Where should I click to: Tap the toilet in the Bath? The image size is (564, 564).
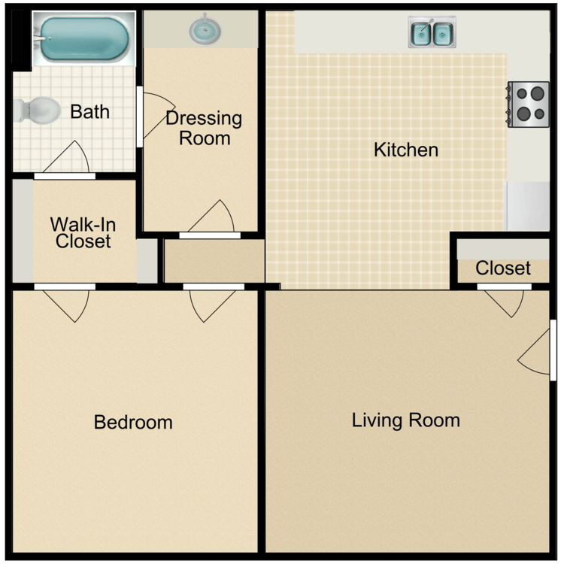38,111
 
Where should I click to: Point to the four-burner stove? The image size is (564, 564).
528,104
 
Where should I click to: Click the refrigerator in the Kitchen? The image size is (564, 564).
528,205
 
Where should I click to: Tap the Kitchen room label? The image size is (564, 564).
405,150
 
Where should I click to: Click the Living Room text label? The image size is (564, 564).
405,420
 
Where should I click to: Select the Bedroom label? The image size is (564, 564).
133,422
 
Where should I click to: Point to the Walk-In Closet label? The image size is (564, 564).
82,232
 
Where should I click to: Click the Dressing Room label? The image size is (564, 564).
204,128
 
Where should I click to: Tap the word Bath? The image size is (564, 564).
89,112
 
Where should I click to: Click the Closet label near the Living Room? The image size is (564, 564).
503,268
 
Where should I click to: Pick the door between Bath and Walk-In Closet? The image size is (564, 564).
65,162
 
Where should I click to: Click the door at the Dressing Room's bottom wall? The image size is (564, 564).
212,220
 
